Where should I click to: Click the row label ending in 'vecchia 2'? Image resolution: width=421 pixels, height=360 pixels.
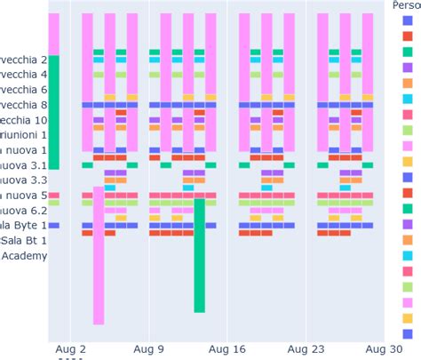(23, 59)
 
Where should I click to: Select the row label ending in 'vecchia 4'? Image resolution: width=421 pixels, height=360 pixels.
(23, 74)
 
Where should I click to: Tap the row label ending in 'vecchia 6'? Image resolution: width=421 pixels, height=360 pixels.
(23, 89)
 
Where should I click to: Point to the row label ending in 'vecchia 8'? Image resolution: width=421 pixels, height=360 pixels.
(23, 104)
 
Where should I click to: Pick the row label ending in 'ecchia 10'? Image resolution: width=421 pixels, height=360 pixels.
(23, 119)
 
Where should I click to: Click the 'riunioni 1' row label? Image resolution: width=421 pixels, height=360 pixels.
(23, 134)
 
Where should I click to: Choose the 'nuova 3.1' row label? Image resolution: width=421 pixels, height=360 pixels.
(23, 164)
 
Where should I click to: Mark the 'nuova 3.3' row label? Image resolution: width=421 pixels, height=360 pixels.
(23, 180)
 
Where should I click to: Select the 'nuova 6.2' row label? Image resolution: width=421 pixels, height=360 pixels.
(23, 210)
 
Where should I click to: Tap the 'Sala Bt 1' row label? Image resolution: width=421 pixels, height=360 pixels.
(23, 240)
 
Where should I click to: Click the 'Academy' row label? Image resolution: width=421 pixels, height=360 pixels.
(23, 255)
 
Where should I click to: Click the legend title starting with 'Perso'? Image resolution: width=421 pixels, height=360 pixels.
(406, 6)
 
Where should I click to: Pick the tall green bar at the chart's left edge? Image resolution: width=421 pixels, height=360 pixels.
(53, 111)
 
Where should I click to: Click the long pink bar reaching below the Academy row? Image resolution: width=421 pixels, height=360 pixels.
(98, 258)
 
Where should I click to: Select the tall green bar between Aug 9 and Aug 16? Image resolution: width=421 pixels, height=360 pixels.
(199, 255)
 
